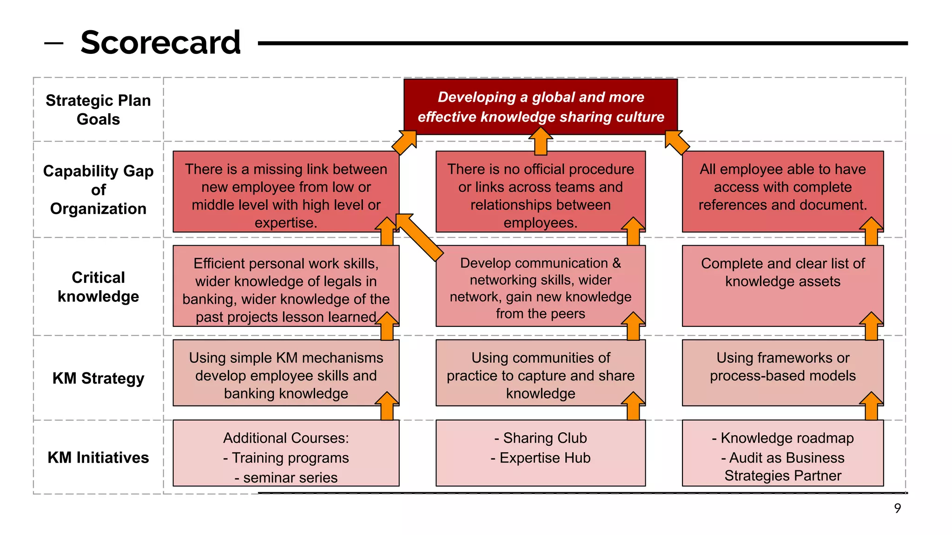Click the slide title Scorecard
[x=160, y=42]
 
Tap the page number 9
[x=897, y=508]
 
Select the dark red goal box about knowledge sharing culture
[x=540, y=107]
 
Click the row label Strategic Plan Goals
[x=98, y=110]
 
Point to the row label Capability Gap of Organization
[x=98, y=190]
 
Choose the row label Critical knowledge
[x=98, y=287]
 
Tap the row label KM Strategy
[x=98, y=378]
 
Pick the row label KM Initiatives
[x=98, y=457]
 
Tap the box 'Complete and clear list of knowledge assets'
[x=782, y=279]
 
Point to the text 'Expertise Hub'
[x=545, y=458]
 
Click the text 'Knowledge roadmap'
[x=787, y=438]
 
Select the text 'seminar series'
[x=290, y=477]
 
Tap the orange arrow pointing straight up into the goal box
[x=541, y=141]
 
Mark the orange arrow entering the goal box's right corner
[x=677, y=143]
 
